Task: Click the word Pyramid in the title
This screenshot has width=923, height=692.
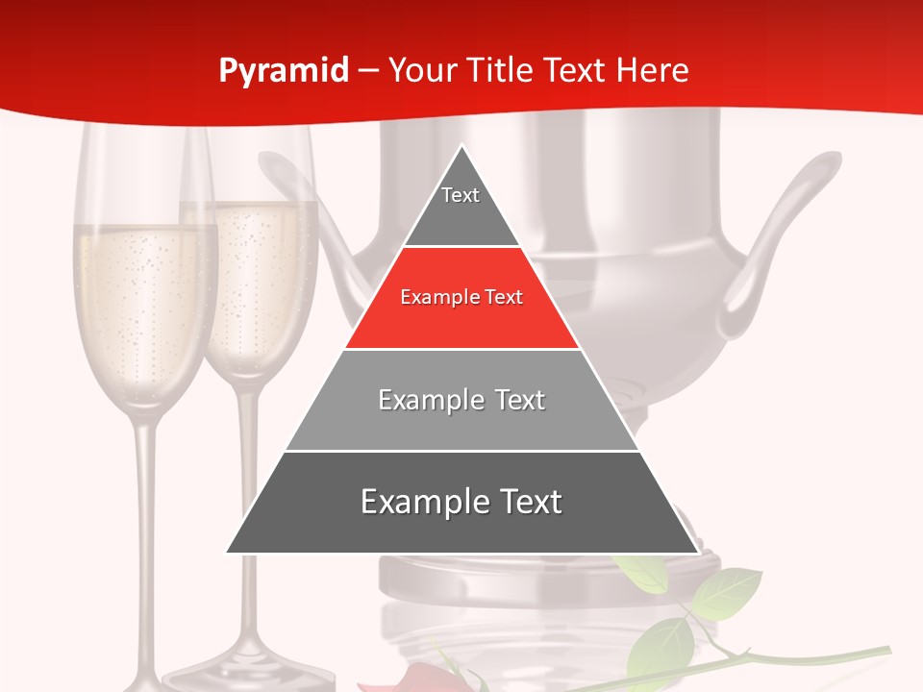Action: [284, 71]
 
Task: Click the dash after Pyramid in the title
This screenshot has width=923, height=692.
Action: [368, 71]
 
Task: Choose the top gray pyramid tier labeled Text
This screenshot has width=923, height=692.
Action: [461, 207]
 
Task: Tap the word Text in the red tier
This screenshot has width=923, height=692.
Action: [503, 297]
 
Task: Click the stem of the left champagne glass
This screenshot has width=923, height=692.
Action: [144, 519]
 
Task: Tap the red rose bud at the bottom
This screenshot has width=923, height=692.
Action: [423, 678]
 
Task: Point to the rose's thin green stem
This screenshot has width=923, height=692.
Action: [817, 655]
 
